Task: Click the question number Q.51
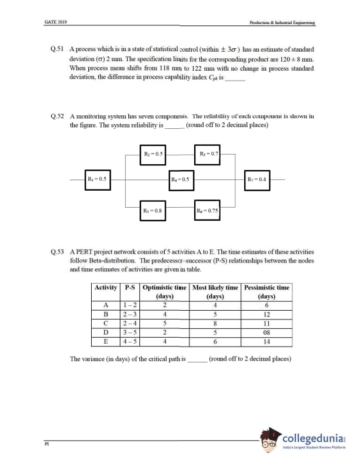58,50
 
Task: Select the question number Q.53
58,252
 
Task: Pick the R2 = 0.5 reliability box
153,154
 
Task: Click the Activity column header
106,288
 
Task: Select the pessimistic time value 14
266,340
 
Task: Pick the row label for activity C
106,322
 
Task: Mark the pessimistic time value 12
266,314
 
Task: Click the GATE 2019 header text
56,22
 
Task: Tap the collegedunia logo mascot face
272,440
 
